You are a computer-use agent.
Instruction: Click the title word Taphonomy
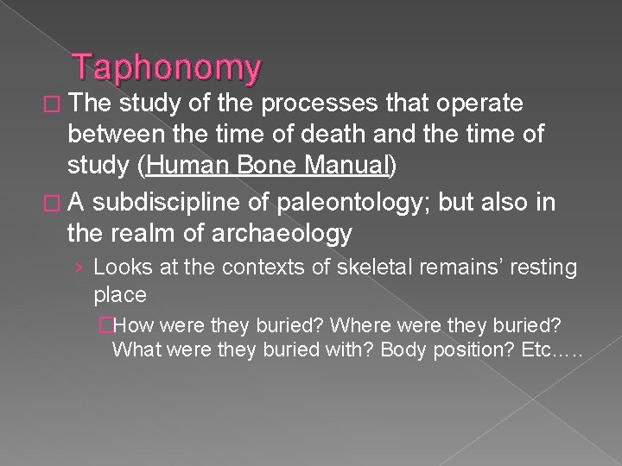pos(166,67)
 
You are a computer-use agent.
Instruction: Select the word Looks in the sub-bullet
pos(117,267)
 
